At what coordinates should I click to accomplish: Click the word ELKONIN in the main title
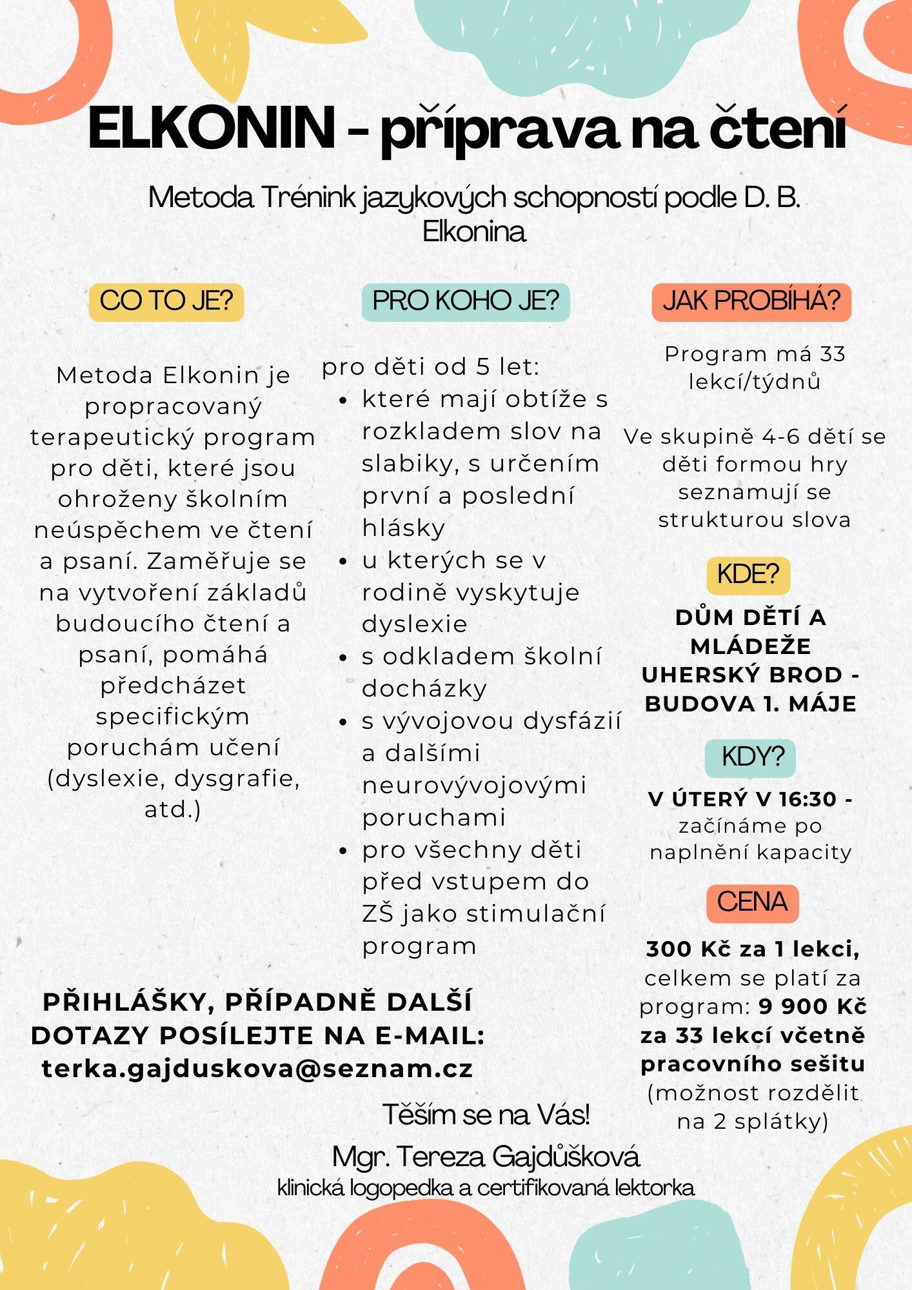pyautogui.click(x=211, y=128)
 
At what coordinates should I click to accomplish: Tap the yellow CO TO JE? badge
pyautogui.click(x=166, y=301)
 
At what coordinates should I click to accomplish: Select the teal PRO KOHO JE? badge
pyautogui.click(x=466, y=301)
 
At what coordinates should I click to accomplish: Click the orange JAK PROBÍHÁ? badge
pyautogui.click(x=751, y=301)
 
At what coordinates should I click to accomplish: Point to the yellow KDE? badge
pyautogui.click(x=748, y=574)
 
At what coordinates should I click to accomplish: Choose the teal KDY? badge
pyautogui.click(x=750, y=757)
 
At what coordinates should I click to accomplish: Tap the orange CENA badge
pyautogui.click(x=752, y=902)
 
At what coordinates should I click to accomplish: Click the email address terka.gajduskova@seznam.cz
pyautogui.click(x=257, y=1069)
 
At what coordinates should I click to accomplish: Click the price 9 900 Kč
pyautogui.click(x=813, y=1006)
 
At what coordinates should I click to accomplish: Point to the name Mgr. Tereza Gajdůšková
pyautogui.click(x=486, y=1156)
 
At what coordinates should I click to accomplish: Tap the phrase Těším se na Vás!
pyautogui.click(x=486, y=1115)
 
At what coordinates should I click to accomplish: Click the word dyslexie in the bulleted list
pyautogui.click(x=415, y=624)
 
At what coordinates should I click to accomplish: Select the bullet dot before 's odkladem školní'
pyautogui.click(x=343, y=658)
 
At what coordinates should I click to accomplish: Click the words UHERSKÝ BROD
pyautogui.click(x=742, y=675)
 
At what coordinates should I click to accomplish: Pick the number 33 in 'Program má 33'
pyautogui.click(x=832, y=354)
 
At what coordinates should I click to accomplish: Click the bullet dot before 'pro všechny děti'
pyautogui.click(x=343, y=851)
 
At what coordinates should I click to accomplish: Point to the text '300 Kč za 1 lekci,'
pyautogui.click(x=752, y=949)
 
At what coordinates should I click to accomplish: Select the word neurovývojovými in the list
pyautogui.click(x=474, y=786)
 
